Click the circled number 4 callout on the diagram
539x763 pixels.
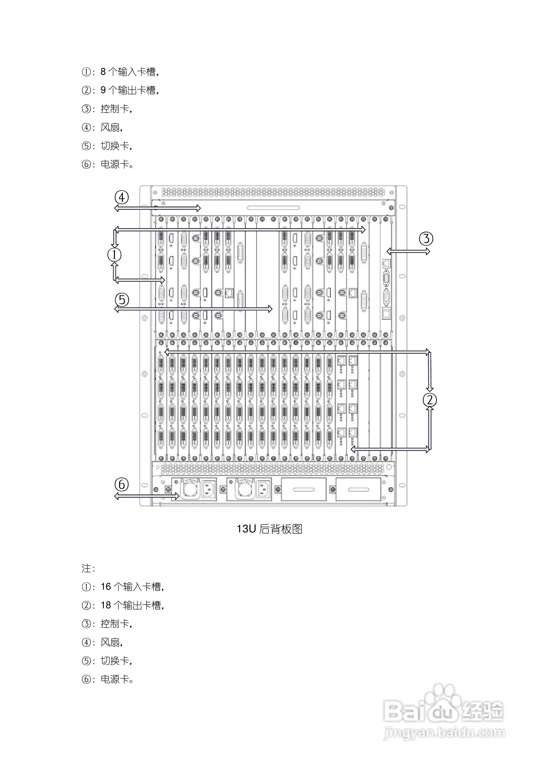[x=122, y=197]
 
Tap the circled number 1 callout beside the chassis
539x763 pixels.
[x=115, y=255]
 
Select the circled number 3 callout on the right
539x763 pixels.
[x=426, y=238]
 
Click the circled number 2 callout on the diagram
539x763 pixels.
[x=430, y=400]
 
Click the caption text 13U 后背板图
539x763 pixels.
[x=269, y=529]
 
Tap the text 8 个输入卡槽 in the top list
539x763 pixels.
[x=129, y=72]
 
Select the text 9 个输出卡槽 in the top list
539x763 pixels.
[x=129, y=90]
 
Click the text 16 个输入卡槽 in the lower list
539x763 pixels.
[x=132, y=587]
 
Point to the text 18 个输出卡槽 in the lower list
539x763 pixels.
[x=132, y=606]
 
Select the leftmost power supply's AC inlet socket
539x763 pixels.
[x=208, y=489]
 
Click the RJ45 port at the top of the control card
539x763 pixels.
[x=386, y=263]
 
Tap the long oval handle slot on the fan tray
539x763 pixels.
[x=273, y=208]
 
